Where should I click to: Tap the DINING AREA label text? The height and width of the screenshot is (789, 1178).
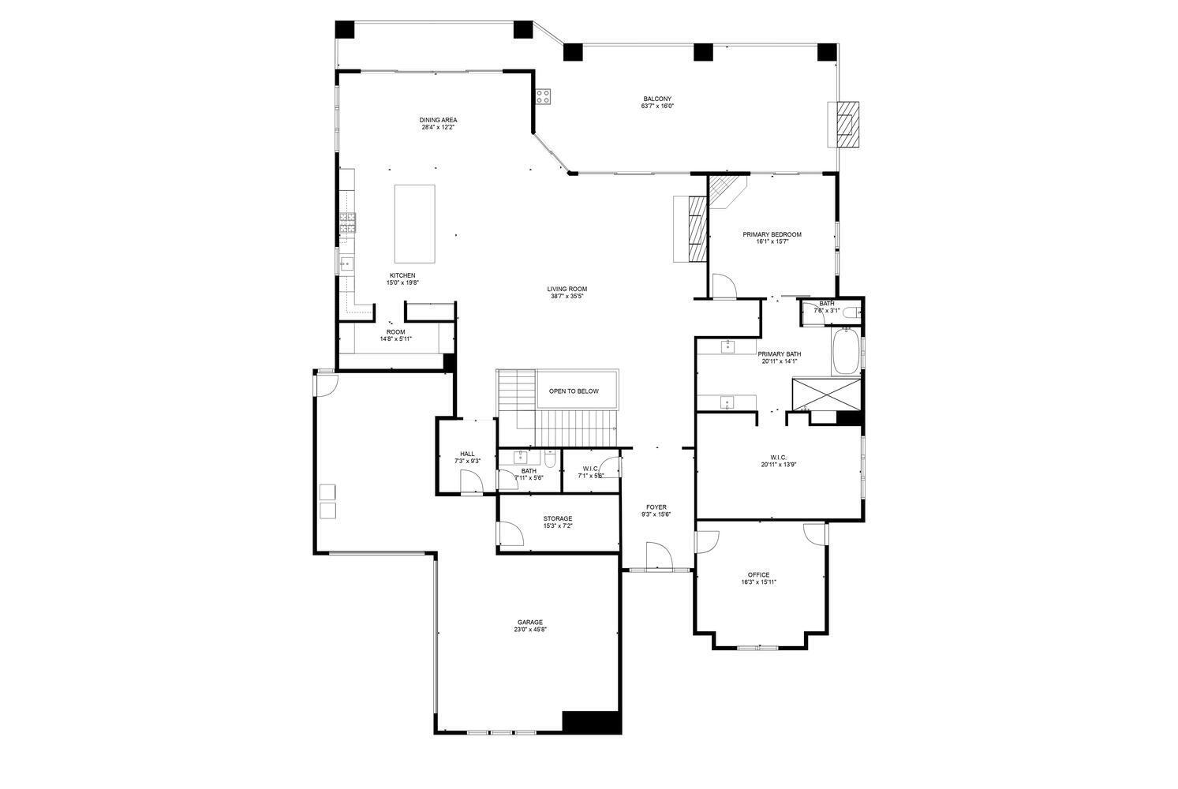tap(438, 120)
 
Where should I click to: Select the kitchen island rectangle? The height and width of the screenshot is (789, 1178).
tap(414, 224)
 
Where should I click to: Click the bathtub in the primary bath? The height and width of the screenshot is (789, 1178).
tap(845, 353)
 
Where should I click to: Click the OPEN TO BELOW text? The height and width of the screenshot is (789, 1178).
tap(574, 391)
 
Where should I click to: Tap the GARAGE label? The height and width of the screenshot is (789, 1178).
tap(529, 622)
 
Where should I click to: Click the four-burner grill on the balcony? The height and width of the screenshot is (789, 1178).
tap(543, 96)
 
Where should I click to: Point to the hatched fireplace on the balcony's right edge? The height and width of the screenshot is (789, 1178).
tap(847, 124)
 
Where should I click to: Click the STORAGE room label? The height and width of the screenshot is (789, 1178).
tap(557, 518)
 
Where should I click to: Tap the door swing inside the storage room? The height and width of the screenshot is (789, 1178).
tap(510, 534)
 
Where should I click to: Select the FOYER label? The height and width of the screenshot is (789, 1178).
tap(656, 507)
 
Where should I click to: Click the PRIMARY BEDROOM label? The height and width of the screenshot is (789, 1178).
tap(772, 234)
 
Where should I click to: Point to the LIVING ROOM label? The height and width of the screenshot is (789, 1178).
tap(567, 289)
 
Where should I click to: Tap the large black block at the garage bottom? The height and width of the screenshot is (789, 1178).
tap(591, 722)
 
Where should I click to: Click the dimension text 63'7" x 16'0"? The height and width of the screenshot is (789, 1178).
tap(656, 107)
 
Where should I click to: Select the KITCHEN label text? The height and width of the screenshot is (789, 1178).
tap(402, 275)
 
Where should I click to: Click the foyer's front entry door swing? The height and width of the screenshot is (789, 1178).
tap(658, 555)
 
